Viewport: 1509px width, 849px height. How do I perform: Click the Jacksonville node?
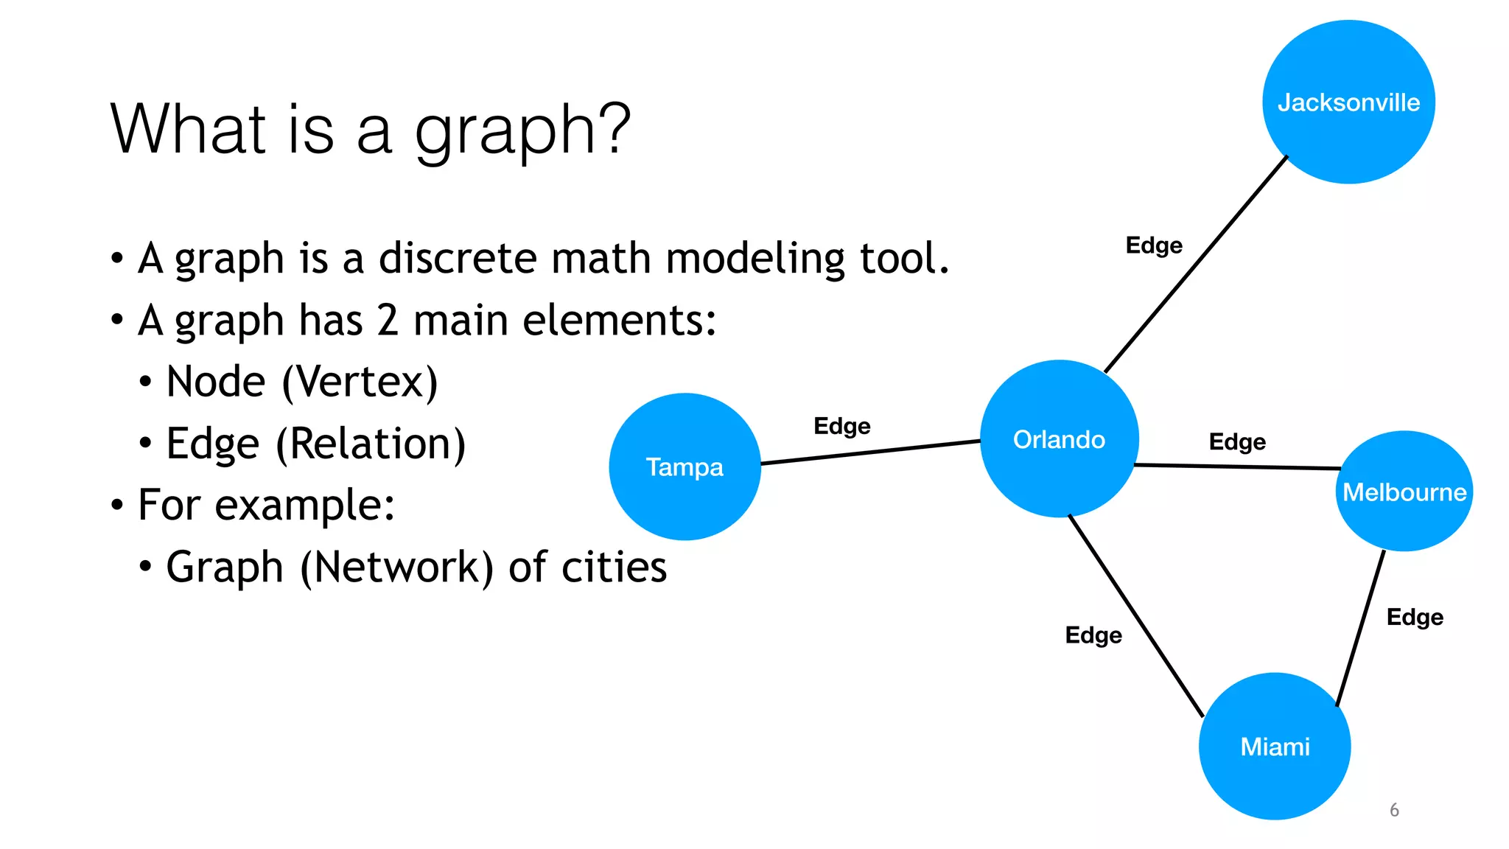tap(1348, 102)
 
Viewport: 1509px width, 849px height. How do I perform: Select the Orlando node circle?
tap(1059, 439)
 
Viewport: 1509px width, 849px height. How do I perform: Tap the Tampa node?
tap(685, 467)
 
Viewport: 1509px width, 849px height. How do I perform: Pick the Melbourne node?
tap(1404, 492)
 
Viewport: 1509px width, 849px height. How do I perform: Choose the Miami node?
tap(1275, 747)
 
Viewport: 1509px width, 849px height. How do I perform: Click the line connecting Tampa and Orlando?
tap(869, 453)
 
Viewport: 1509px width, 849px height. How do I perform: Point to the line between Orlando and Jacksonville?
tap(1195, 265)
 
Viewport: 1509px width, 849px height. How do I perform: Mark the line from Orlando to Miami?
tap(1135, 615)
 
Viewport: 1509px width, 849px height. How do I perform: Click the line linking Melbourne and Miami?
tap(1361, 628)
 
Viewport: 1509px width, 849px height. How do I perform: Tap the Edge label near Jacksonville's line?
tap(1154, 245)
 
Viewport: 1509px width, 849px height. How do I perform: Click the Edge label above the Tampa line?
tap(841, 426)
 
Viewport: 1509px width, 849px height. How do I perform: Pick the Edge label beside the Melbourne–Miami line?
tap(1415, 617)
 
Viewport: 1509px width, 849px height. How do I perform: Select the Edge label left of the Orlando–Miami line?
tap(1093, 635)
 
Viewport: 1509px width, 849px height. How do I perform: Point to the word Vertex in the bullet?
tap(360, 382)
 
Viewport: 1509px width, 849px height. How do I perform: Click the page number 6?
tap(1394, 810)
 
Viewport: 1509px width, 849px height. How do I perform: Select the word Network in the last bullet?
tap(396, 567)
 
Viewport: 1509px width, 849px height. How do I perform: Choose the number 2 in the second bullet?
tap(388, 321)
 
